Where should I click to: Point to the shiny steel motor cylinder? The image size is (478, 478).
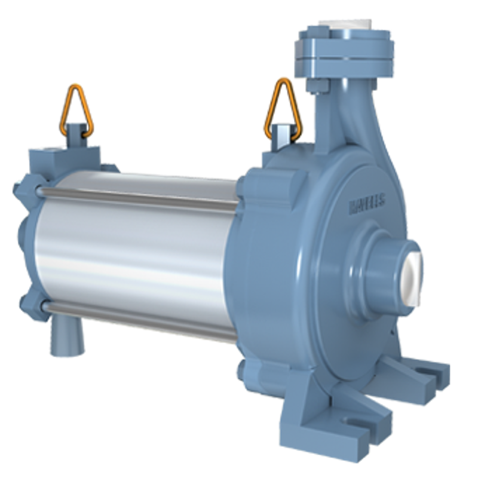137,257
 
